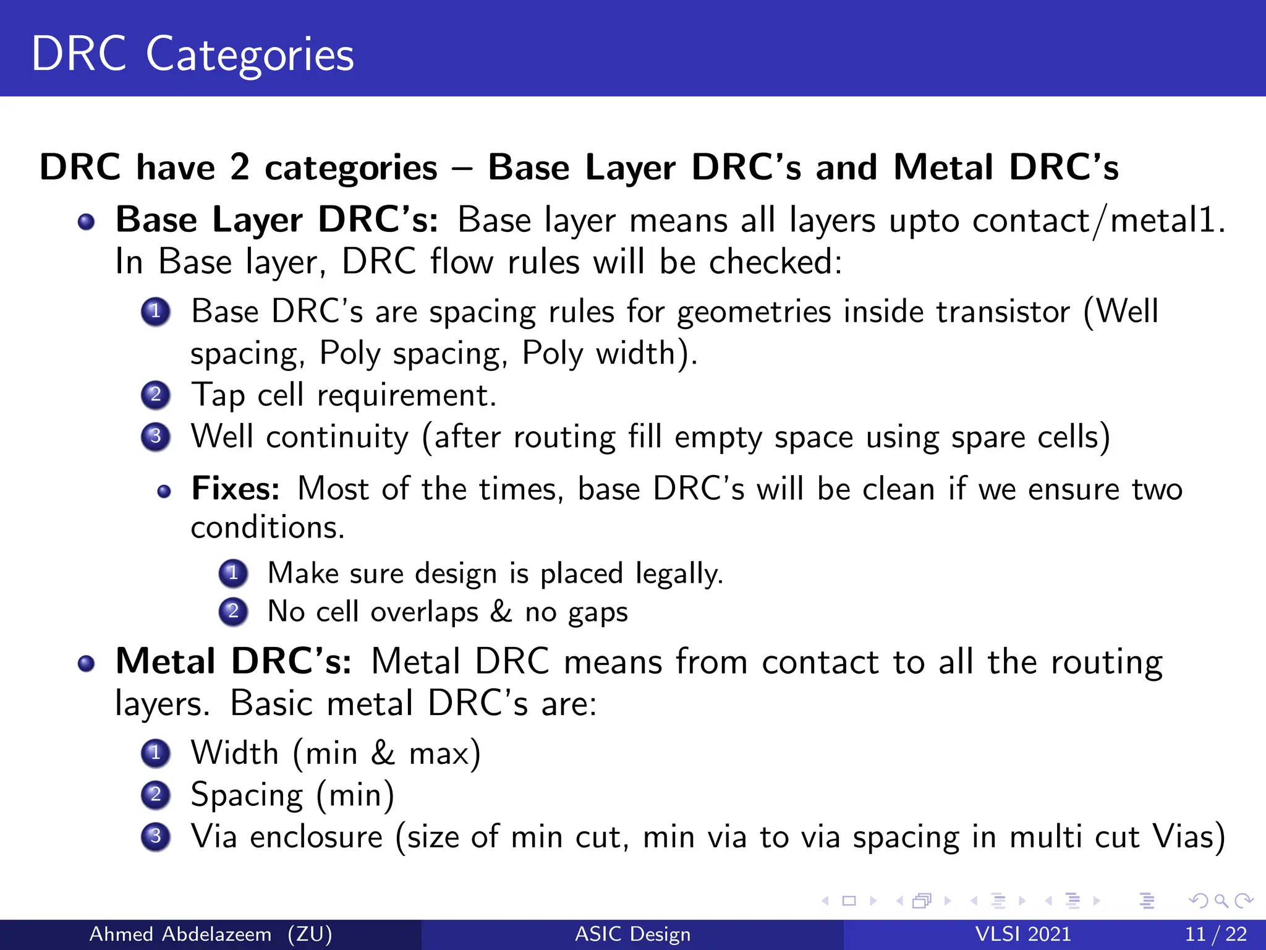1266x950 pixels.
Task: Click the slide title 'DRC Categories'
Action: click(192, 54)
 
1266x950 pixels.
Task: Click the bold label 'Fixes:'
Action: click(236, 489)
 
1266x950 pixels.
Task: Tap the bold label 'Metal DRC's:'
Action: click(234, 661)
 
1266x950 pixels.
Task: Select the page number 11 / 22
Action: click(1215, 934)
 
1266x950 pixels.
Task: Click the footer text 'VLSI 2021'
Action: click(1022, 934)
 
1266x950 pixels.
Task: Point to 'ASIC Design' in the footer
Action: click(632, 934)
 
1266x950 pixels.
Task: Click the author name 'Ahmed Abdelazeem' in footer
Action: click(181, 934)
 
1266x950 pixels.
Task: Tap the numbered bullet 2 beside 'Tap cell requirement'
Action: click(156, 395)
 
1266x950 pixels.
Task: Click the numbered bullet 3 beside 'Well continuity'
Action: click(156, 437)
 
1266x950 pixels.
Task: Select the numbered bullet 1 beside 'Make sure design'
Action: click(233, 573)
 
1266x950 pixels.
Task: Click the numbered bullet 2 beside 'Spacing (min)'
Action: click(156, 795)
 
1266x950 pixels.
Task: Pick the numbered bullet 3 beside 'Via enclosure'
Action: click(156, 836)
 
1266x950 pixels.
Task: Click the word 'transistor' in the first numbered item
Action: click(1002, 311)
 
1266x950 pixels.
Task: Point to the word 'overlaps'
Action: click(424, 612)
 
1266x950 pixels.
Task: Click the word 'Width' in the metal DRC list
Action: click(234, 753)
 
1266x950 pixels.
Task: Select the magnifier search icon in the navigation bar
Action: click(1220, 901)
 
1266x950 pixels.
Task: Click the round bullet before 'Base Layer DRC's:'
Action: click(87, 221)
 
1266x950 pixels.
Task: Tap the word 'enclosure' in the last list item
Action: click(316, 837)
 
